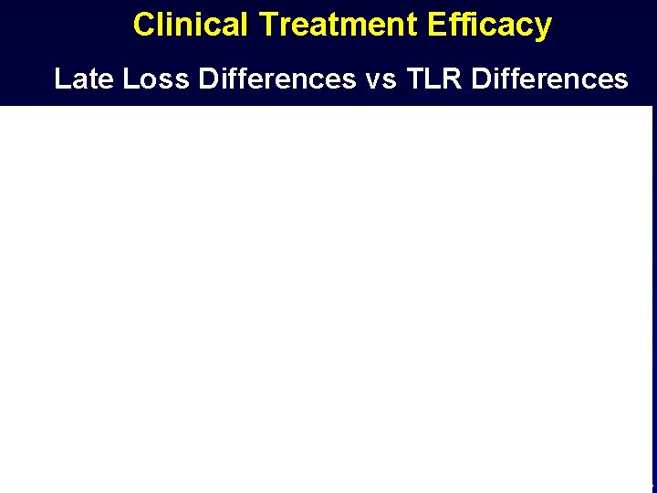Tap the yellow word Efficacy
pos(500,25)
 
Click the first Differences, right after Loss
pos(276,79)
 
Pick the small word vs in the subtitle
pos(379,80)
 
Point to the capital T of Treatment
pos(267,25)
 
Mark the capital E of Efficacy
pos(456,25)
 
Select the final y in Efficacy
pos(544,27)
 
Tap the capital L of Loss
pos(130,79)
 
